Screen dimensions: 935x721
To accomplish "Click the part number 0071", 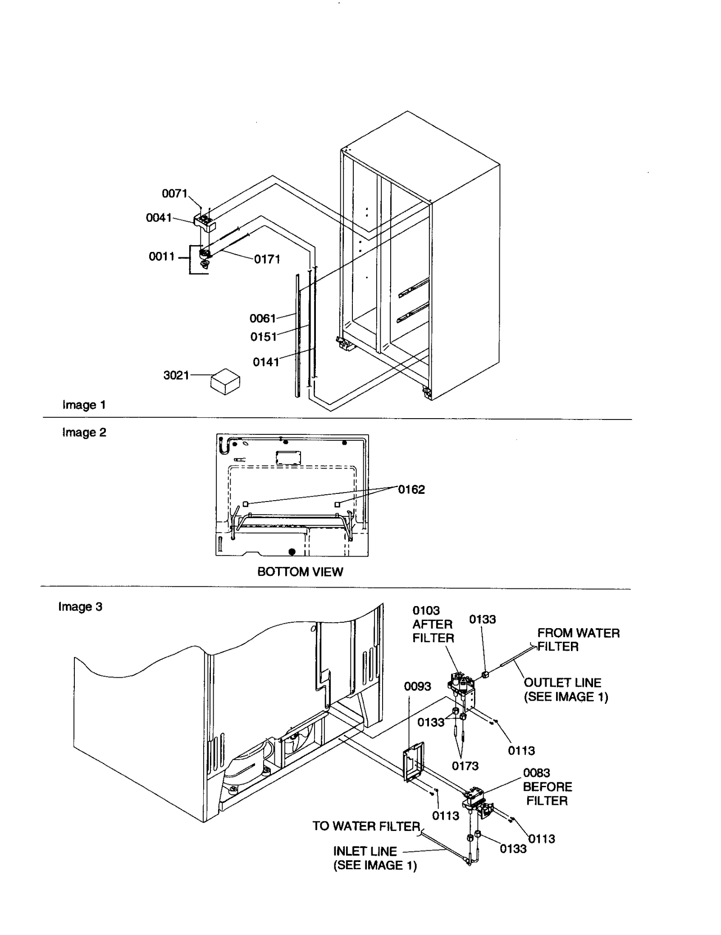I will point(174,193).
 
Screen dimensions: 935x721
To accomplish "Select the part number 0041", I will point(159,218).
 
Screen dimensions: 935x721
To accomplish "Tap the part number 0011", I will point(161,256).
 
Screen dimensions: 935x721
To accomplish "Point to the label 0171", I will point(267,259).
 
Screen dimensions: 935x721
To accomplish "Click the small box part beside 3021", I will point(225,381).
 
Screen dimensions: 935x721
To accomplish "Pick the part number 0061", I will point(262,318).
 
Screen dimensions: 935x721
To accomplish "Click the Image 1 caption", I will point(84,405).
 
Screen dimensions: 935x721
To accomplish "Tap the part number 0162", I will point(411,489).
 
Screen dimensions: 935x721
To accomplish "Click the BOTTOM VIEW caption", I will point(300,571).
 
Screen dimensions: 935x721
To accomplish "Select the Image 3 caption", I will point(80,607).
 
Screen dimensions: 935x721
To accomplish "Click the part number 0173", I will point(465,766).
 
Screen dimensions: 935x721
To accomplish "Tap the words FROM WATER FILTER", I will point(578,639).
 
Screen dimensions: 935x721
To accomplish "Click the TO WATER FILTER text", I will point(366,826).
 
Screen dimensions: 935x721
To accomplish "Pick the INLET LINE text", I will point(365,851).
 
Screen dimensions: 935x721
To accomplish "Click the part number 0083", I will point(536,773).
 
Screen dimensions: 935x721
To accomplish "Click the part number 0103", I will point(426,611).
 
